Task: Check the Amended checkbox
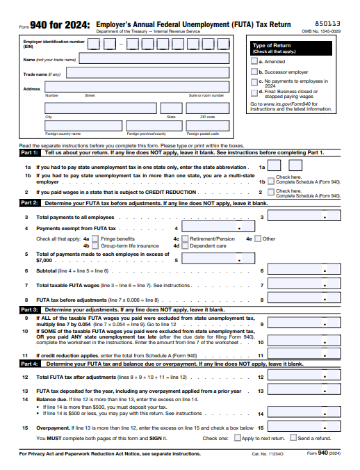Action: pyautogui.click(x=254, y=62)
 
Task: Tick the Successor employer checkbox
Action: pyautogui.click(x=254, y=72)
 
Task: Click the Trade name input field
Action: pyautogui.click(x=148, y=72)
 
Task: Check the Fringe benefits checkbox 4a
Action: pyautogui.click(x=96, y=238)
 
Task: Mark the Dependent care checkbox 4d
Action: pyautogui.click(x=185, y=245)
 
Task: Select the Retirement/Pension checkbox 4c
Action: pyautogui.click(x=185, y=238)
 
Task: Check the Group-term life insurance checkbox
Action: pyautogui.click(x=96, y=245)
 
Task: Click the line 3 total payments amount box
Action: pyautogui.click(x=304, y=217)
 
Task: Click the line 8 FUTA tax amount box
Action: pyautogui.click(x=304, y=300)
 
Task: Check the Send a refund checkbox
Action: pyautogui.click(x=293, y=438)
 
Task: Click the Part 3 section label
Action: pyautogui.click(x=30, y=309)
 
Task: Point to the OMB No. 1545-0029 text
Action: pyautogui.click(x=321, y=31)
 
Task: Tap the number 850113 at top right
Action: pyautogui.click(x=328, y=23)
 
